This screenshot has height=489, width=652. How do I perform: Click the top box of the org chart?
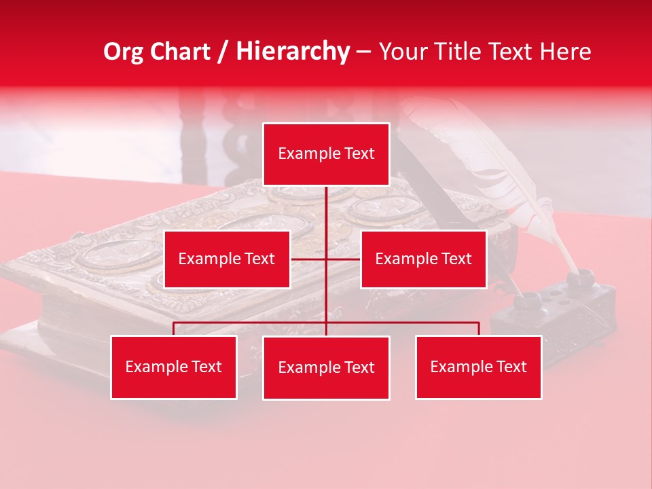coord(326,154)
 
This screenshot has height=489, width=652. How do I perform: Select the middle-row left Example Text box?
coord(227,259)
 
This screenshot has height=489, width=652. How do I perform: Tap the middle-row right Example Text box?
coord(423,259)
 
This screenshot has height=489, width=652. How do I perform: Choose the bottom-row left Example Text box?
coord(174,367)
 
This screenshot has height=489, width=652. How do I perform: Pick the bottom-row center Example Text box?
coord(326,367)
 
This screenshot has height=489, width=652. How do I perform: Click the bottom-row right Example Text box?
coord(478,367)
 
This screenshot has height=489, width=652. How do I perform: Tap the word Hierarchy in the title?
coord(293,52)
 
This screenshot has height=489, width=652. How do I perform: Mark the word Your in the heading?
coord(400,52)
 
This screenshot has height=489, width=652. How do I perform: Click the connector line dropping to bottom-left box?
coord(174,329)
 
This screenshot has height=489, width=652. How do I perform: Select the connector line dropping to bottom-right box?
coord(479,329)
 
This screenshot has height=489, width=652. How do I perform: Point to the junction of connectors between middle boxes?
coord(327,259)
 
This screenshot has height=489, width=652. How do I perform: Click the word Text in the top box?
coord(359,154)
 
